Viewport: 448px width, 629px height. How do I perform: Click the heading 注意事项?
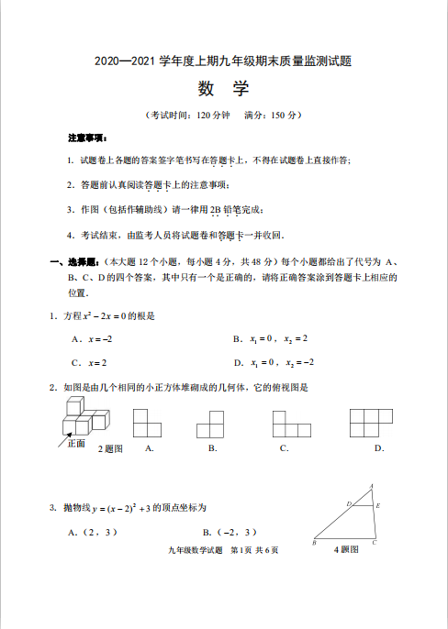pos(88,138)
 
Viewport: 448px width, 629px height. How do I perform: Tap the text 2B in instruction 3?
pos(216,210)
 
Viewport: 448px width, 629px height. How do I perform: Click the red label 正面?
pos(75,443)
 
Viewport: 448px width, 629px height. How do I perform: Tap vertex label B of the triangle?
pos(314,543)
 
